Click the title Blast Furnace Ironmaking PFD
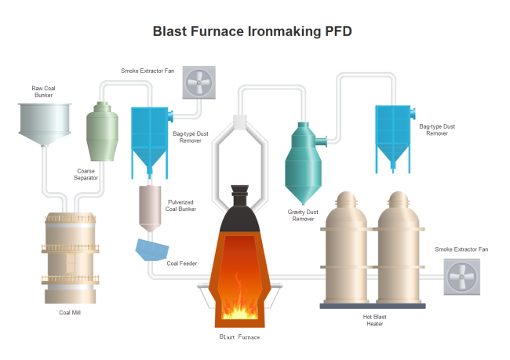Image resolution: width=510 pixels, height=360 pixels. pos(252,31)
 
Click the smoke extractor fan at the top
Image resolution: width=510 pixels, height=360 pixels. pos(199,82)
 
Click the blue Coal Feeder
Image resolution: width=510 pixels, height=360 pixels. pos(151,250)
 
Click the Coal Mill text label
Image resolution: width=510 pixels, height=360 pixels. pos(70,312)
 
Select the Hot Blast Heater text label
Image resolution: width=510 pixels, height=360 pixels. pos(374,320)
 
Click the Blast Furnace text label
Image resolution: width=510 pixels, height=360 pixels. pos(239,336)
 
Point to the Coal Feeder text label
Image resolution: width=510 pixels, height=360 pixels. pos(181,264)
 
